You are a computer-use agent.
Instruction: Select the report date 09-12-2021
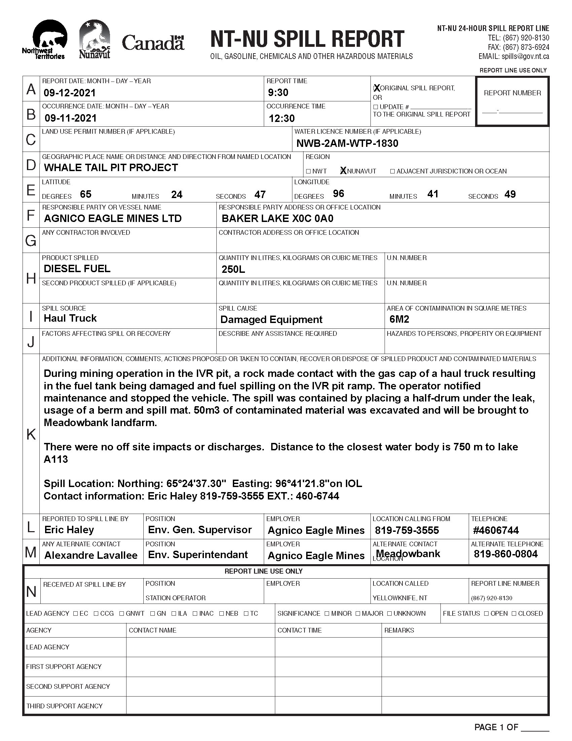coord(70,93)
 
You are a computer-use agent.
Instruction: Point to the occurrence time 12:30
coord(282,119)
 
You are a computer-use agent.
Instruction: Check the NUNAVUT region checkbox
coord(343,171)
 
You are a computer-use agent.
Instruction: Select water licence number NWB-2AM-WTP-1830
coord(347,143)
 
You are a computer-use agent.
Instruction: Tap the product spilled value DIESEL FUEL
coord(77,269)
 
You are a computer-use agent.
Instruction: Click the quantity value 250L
coord(233,269)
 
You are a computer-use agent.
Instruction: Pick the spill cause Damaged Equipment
coord(271,320)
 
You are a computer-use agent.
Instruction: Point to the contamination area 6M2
coord(399,319)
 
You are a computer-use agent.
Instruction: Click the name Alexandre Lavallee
coord(91,555)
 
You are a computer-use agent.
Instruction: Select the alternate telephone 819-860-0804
coord(506,554)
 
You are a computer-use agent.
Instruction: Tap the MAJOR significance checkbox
coord(358,614)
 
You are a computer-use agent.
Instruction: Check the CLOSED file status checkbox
coord(514,614)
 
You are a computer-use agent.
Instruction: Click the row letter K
coord(31,434)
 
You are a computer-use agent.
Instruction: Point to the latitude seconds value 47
coord(260,195)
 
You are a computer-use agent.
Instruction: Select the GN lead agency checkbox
coord(153,614)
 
